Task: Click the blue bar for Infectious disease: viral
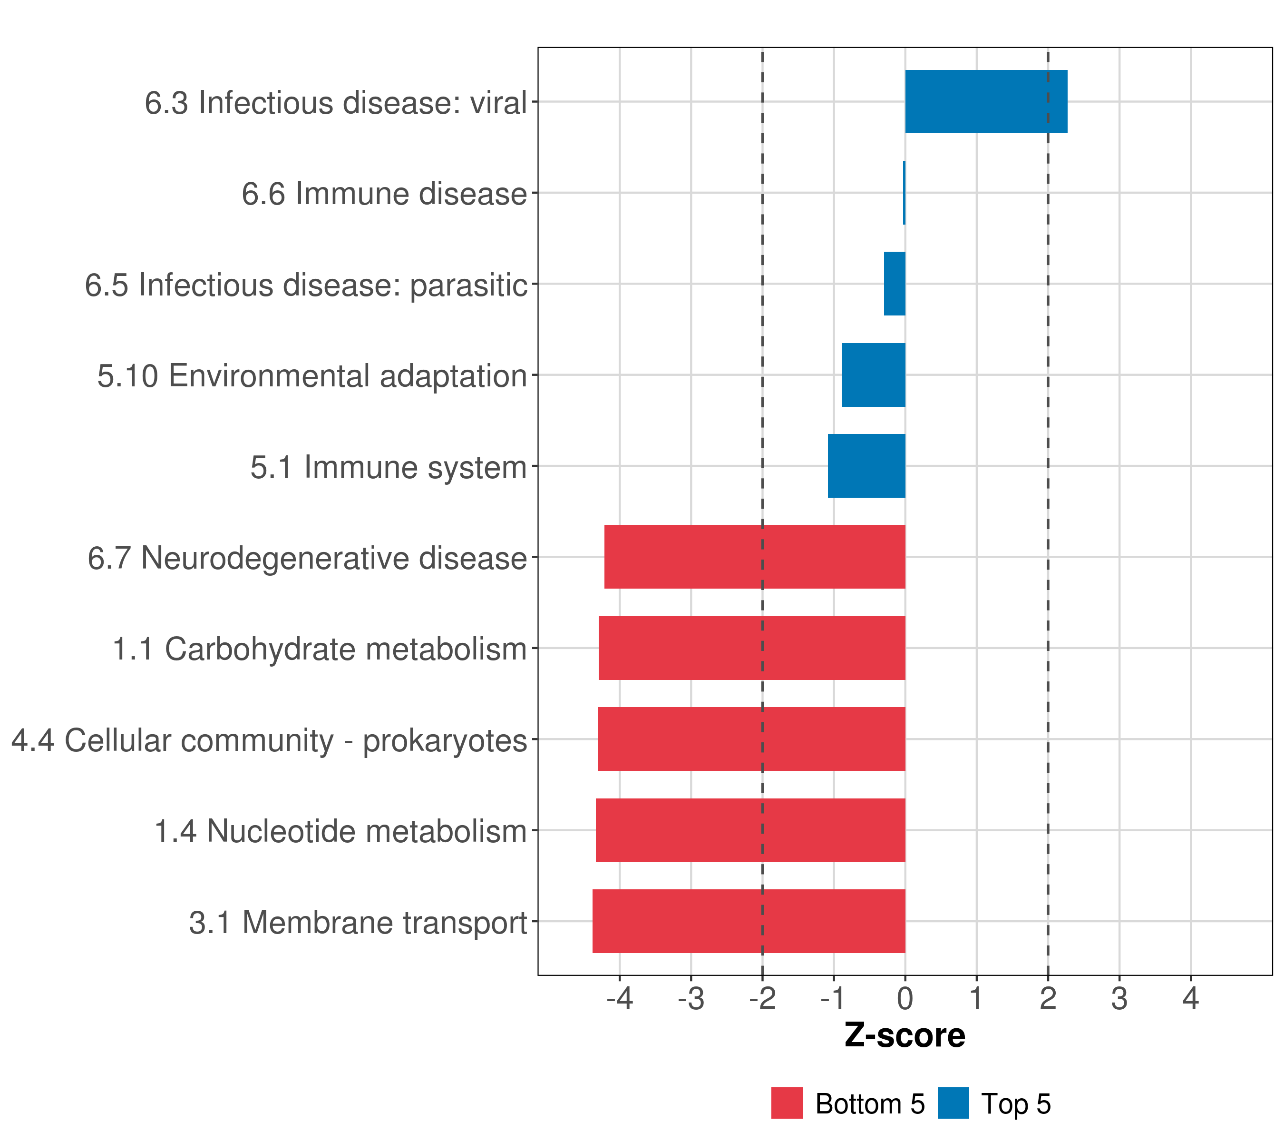[x=986, y=101]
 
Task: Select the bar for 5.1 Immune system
[x=866, y=466]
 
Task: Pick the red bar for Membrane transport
[x=749, y=921]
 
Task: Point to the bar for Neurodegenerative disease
[x=754, y=557]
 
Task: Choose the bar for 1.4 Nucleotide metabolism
[x=751, y=830]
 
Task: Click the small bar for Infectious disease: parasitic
[x=895, y=284]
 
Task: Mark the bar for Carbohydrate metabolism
[x=752, y=648]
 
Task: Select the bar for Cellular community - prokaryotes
[x=751, y=739]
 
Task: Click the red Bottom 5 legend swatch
[x=787, y=1103]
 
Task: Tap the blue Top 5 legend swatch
[x=953, y=1103]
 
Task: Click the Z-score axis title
[x=905, y=1035]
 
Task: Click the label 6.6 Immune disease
[x=384, y=194]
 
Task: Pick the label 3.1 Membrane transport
[x=358, y=923]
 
